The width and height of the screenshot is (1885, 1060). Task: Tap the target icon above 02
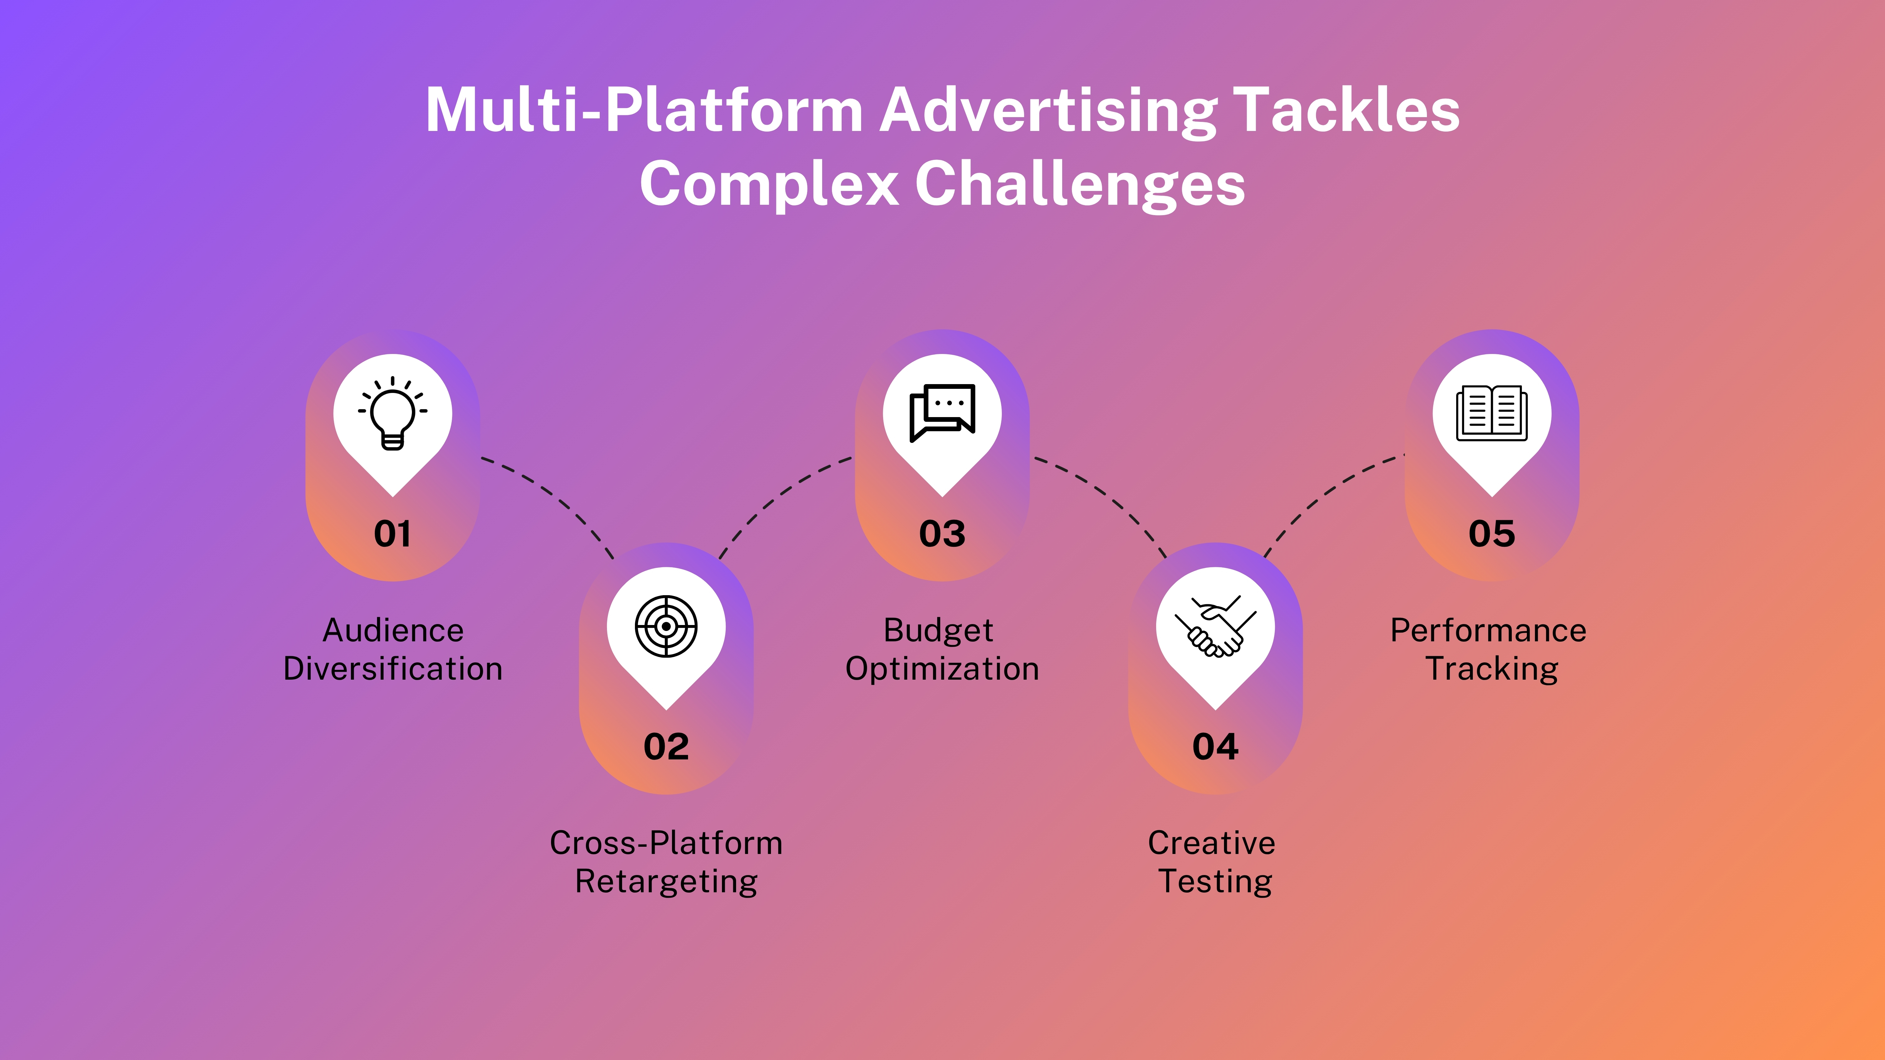[x=666, y=626]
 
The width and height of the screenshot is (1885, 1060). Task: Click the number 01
[x=393, y=534]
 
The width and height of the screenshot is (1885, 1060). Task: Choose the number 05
[x=1491, y=534]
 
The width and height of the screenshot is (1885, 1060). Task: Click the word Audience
[x=393, y=631]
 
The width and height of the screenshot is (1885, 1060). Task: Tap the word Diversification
[x=393, y=669]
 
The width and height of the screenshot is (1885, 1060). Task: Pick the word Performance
[x=1489, y=631]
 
